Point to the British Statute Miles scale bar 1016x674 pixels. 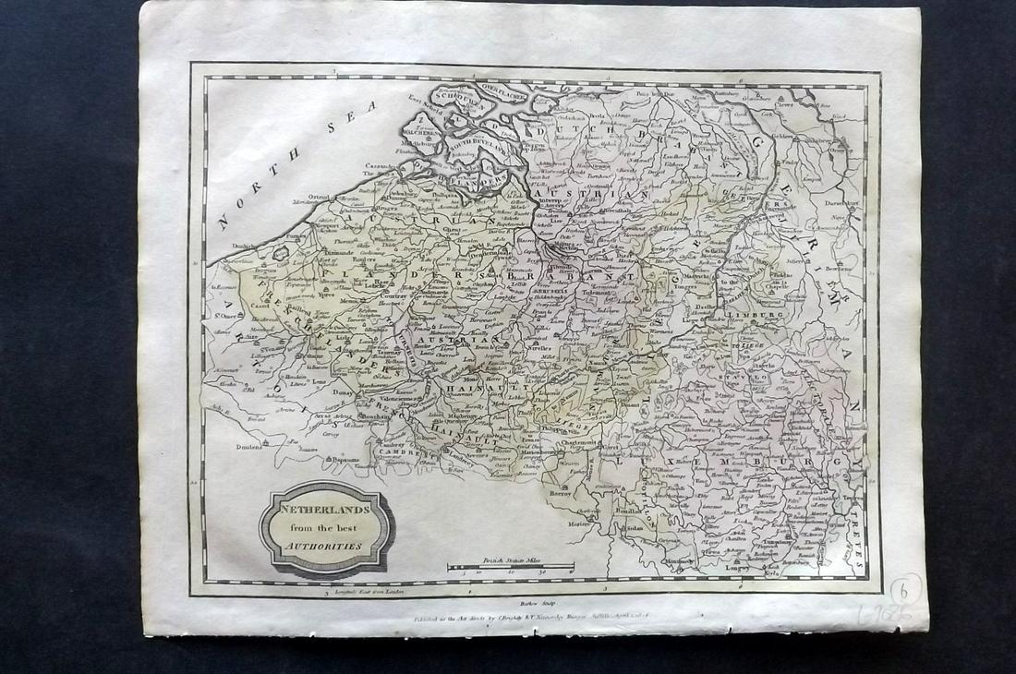pyautogui.click(x=511, y=566)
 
